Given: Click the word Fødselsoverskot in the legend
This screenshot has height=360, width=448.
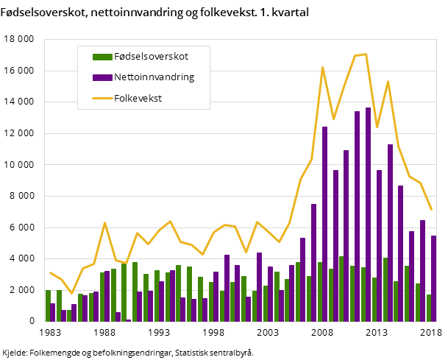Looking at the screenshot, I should [151, 56].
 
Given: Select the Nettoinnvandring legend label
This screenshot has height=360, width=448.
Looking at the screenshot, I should [154, 77].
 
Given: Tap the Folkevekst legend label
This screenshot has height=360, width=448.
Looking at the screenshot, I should [138, 97].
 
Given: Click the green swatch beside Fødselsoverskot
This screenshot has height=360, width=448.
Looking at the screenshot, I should [102, 57].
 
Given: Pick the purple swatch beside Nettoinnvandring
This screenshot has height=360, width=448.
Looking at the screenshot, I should [102, 77].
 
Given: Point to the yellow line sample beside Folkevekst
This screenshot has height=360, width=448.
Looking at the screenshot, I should [102, 98].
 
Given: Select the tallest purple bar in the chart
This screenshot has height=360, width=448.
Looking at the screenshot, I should [368, 213].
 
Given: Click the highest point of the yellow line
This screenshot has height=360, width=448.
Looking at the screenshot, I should [366, 54].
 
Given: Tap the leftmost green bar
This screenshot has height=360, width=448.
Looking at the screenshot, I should [48, 306].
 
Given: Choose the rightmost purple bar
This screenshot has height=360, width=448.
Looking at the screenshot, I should [434, 278].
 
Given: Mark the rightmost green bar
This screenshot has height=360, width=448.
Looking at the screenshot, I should [429, 308].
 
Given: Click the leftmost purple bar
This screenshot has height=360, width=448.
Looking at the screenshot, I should [53, 312].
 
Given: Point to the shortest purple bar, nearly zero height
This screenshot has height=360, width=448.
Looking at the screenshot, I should [129, 320].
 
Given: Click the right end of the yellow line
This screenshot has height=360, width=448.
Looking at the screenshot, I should [432, 210].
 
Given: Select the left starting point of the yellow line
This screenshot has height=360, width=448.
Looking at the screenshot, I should [50, 272].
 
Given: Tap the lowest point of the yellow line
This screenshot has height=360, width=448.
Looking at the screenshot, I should [71, 293].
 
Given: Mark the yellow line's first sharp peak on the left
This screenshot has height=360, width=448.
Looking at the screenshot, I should [104, 222].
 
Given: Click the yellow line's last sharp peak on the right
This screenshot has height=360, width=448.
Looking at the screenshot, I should [388, 81].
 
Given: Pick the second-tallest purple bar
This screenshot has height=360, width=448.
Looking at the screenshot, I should [358, 216].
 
